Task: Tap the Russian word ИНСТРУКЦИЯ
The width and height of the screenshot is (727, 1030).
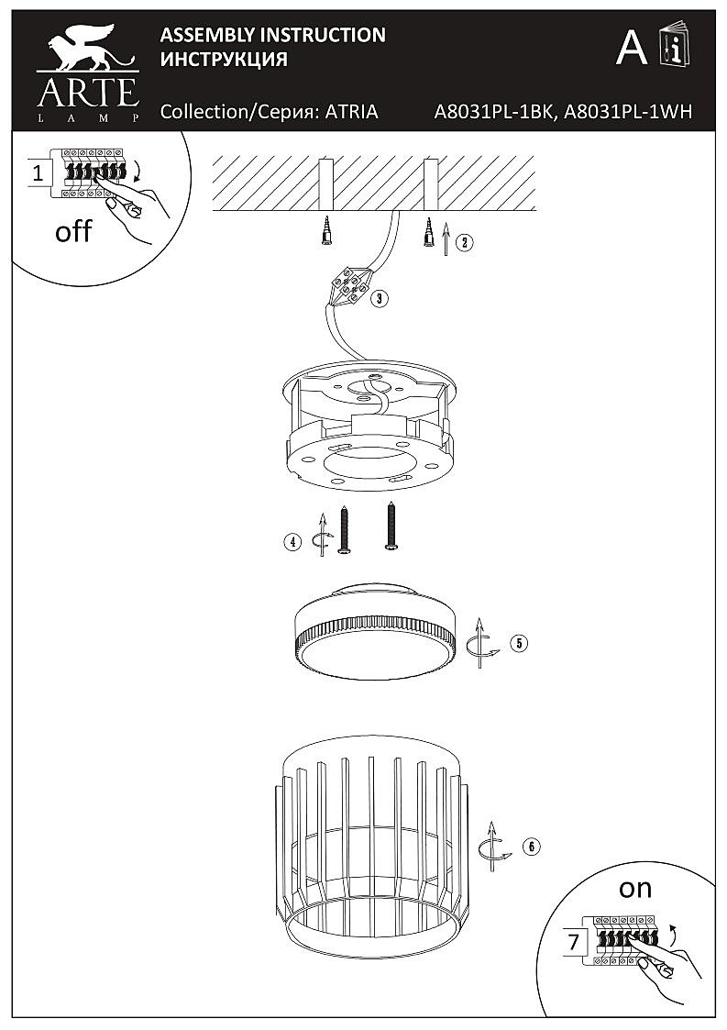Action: [224, 59]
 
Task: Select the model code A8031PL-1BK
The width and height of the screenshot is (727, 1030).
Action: [496, 112]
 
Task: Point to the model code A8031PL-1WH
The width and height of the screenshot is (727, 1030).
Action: [629, 112]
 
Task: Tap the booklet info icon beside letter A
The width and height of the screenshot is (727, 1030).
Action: [674, 43]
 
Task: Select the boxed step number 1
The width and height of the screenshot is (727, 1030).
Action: [39, 174]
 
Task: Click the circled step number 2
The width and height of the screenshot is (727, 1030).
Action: [463, 242]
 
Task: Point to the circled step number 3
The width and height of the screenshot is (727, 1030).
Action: [379, 299]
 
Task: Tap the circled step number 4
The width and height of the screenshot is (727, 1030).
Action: [292, 542]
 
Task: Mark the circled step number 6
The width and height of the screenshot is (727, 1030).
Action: [531, 847]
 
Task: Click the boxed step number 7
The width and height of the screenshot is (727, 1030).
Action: [574, 943]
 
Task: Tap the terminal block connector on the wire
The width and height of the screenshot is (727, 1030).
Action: [351, 286]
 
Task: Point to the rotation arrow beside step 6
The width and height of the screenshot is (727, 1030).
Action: [495, 847]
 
